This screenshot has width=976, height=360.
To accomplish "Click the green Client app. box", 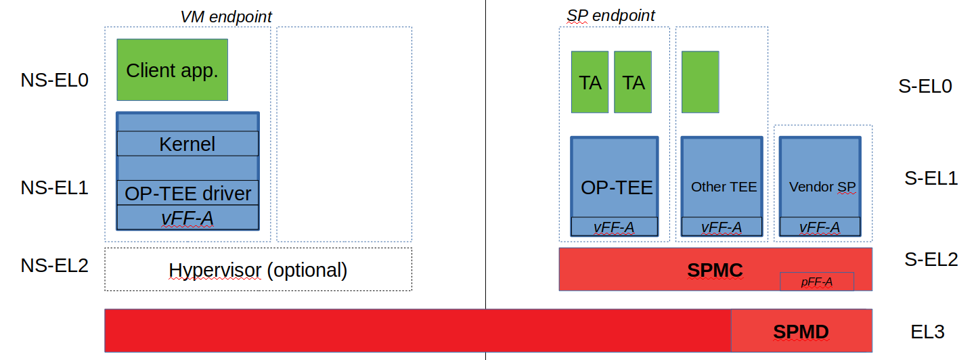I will pyautogui.click(x=172, y=70).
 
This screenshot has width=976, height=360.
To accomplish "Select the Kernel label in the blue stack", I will pyautogui.click(x=187, y=143).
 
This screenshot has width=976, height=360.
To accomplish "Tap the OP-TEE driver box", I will pyautogui.click(x=187, y=194).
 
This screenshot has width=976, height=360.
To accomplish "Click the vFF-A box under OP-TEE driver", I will pyautogui.click(x=187, y=217).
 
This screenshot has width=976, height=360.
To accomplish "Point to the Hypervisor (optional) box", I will pyautogui.click(x=258, y=270).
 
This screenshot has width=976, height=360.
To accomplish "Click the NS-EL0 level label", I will pyautogui.click(x=55, y=80).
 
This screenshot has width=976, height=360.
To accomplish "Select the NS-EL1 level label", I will pyautogui.click(x=55, y=187).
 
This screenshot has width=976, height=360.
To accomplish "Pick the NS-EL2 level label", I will pyautogui.click(x=55, y=265).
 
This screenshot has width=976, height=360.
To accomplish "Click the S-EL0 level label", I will pyautogui.click(x=925, y=86).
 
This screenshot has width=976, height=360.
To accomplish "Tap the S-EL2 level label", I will pyautogui.click(x=931, y=258).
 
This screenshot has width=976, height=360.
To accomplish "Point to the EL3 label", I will pyautogui.click(x=927, y=332).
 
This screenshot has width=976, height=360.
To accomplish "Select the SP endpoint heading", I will pyautogui.click(x=611, y=16).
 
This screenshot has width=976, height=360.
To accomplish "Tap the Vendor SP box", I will pyautogui.click(x=820, y=179).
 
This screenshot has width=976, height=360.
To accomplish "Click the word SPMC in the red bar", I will pyautogui.click(x=715, y=271).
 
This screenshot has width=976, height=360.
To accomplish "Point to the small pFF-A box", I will pyautogui.click(x=816, y=282).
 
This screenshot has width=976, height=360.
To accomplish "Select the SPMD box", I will pyautogui.click(x=801, y=332).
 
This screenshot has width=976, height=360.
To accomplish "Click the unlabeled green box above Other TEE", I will pyautogui.click(x=700, y=82).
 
